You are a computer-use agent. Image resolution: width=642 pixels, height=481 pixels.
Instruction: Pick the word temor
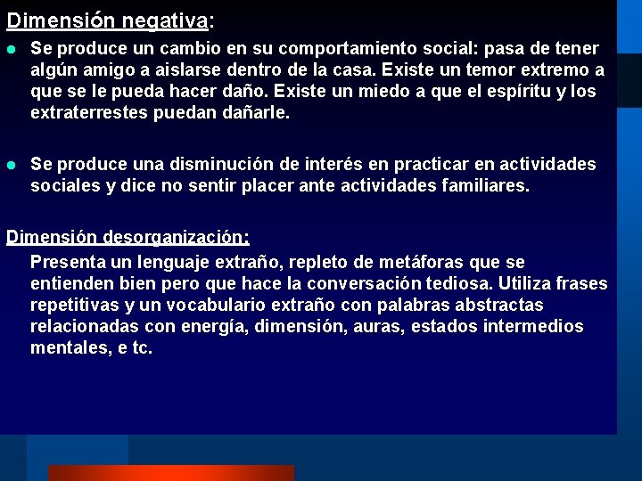pyautogui.click(x=492, y=69)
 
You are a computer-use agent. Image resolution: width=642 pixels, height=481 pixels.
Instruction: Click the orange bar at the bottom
pyautogui.click(x=170, y=472)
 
